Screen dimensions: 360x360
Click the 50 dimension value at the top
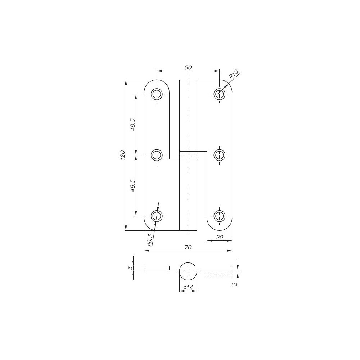click(x=188, y=68)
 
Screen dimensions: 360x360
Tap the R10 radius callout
click(x=234, y=74)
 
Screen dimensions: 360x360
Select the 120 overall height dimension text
click(x=122, y=155)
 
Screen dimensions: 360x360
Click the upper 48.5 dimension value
click(x=132, y=125)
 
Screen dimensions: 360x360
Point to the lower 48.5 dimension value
click(x=132, y=185)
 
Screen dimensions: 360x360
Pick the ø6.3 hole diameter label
click(x=149, y=239)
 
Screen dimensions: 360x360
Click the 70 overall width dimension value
click(x=188, y=247)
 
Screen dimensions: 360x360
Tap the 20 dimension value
click(x=220, y=237)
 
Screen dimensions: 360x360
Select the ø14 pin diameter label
click(x=188, y=287)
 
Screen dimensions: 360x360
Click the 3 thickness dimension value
click(x=130, y=268)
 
